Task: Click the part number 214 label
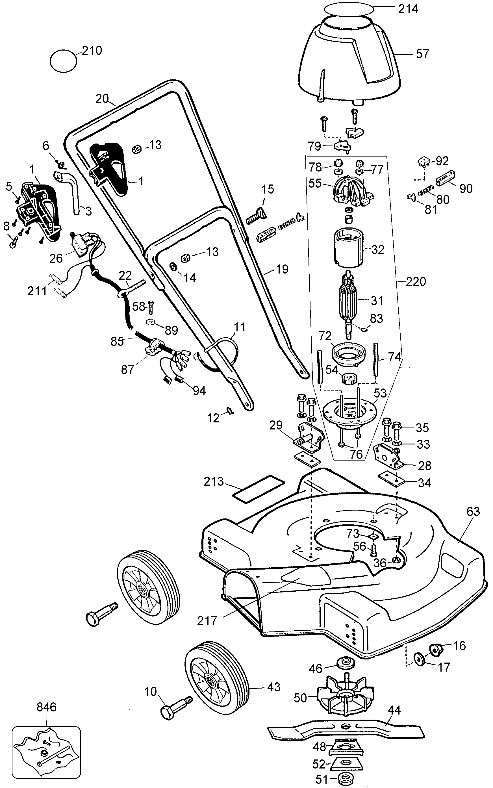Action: click(x=408, y=9)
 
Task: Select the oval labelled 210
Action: click(x=63, y=61)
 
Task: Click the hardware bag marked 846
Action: click(x=46, y=752)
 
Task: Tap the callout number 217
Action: click(x=207, y=620)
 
